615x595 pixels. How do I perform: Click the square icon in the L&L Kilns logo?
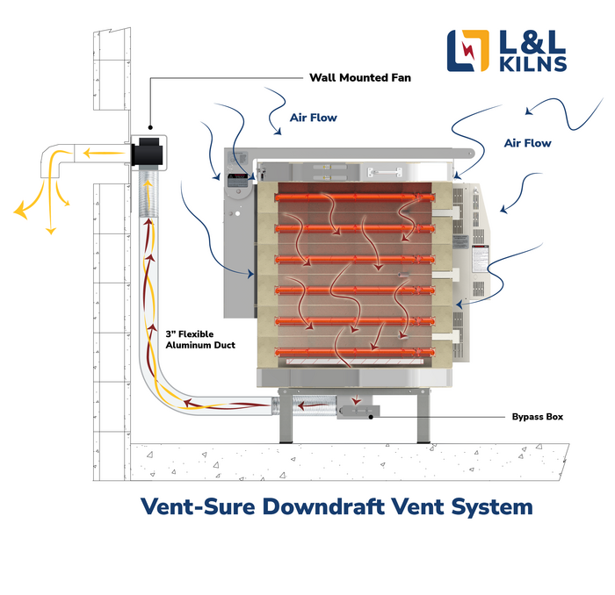pyautogui.click(x=466, y=51)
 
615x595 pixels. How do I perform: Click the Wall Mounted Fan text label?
pyautogui.click(x=359, y=77)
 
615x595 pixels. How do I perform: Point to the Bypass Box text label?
pyautogui.click(x=537, y=417)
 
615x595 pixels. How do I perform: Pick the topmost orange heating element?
pyautogui.click(x=356, y=197)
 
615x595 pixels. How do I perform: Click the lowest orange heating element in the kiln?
pyautogui.click(x=356, y=353)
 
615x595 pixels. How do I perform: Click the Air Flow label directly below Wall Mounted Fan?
pyautogui.click(x=313, y=117)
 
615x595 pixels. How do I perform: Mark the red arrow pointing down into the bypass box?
pyautogui.click(x=356, y=398)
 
